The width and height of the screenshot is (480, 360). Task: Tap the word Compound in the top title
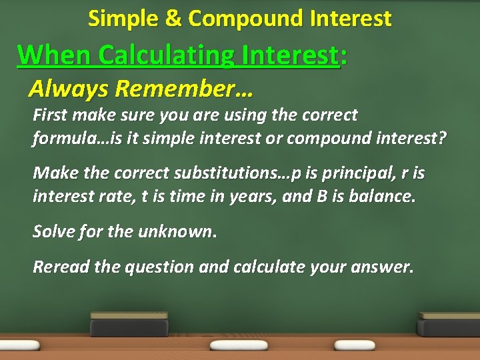tap(238, 19)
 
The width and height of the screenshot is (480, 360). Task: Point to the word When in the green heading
tap(54, 55)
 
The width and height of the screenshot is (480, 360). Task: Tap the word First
tap(51, 115)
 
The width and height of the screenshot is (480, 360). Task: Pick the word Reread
tap(61, 267)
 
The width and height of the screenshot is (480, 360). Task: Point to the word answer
tap(384, 267)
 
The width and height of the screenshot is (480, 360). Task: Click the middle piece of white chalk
tap(238, 345)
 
